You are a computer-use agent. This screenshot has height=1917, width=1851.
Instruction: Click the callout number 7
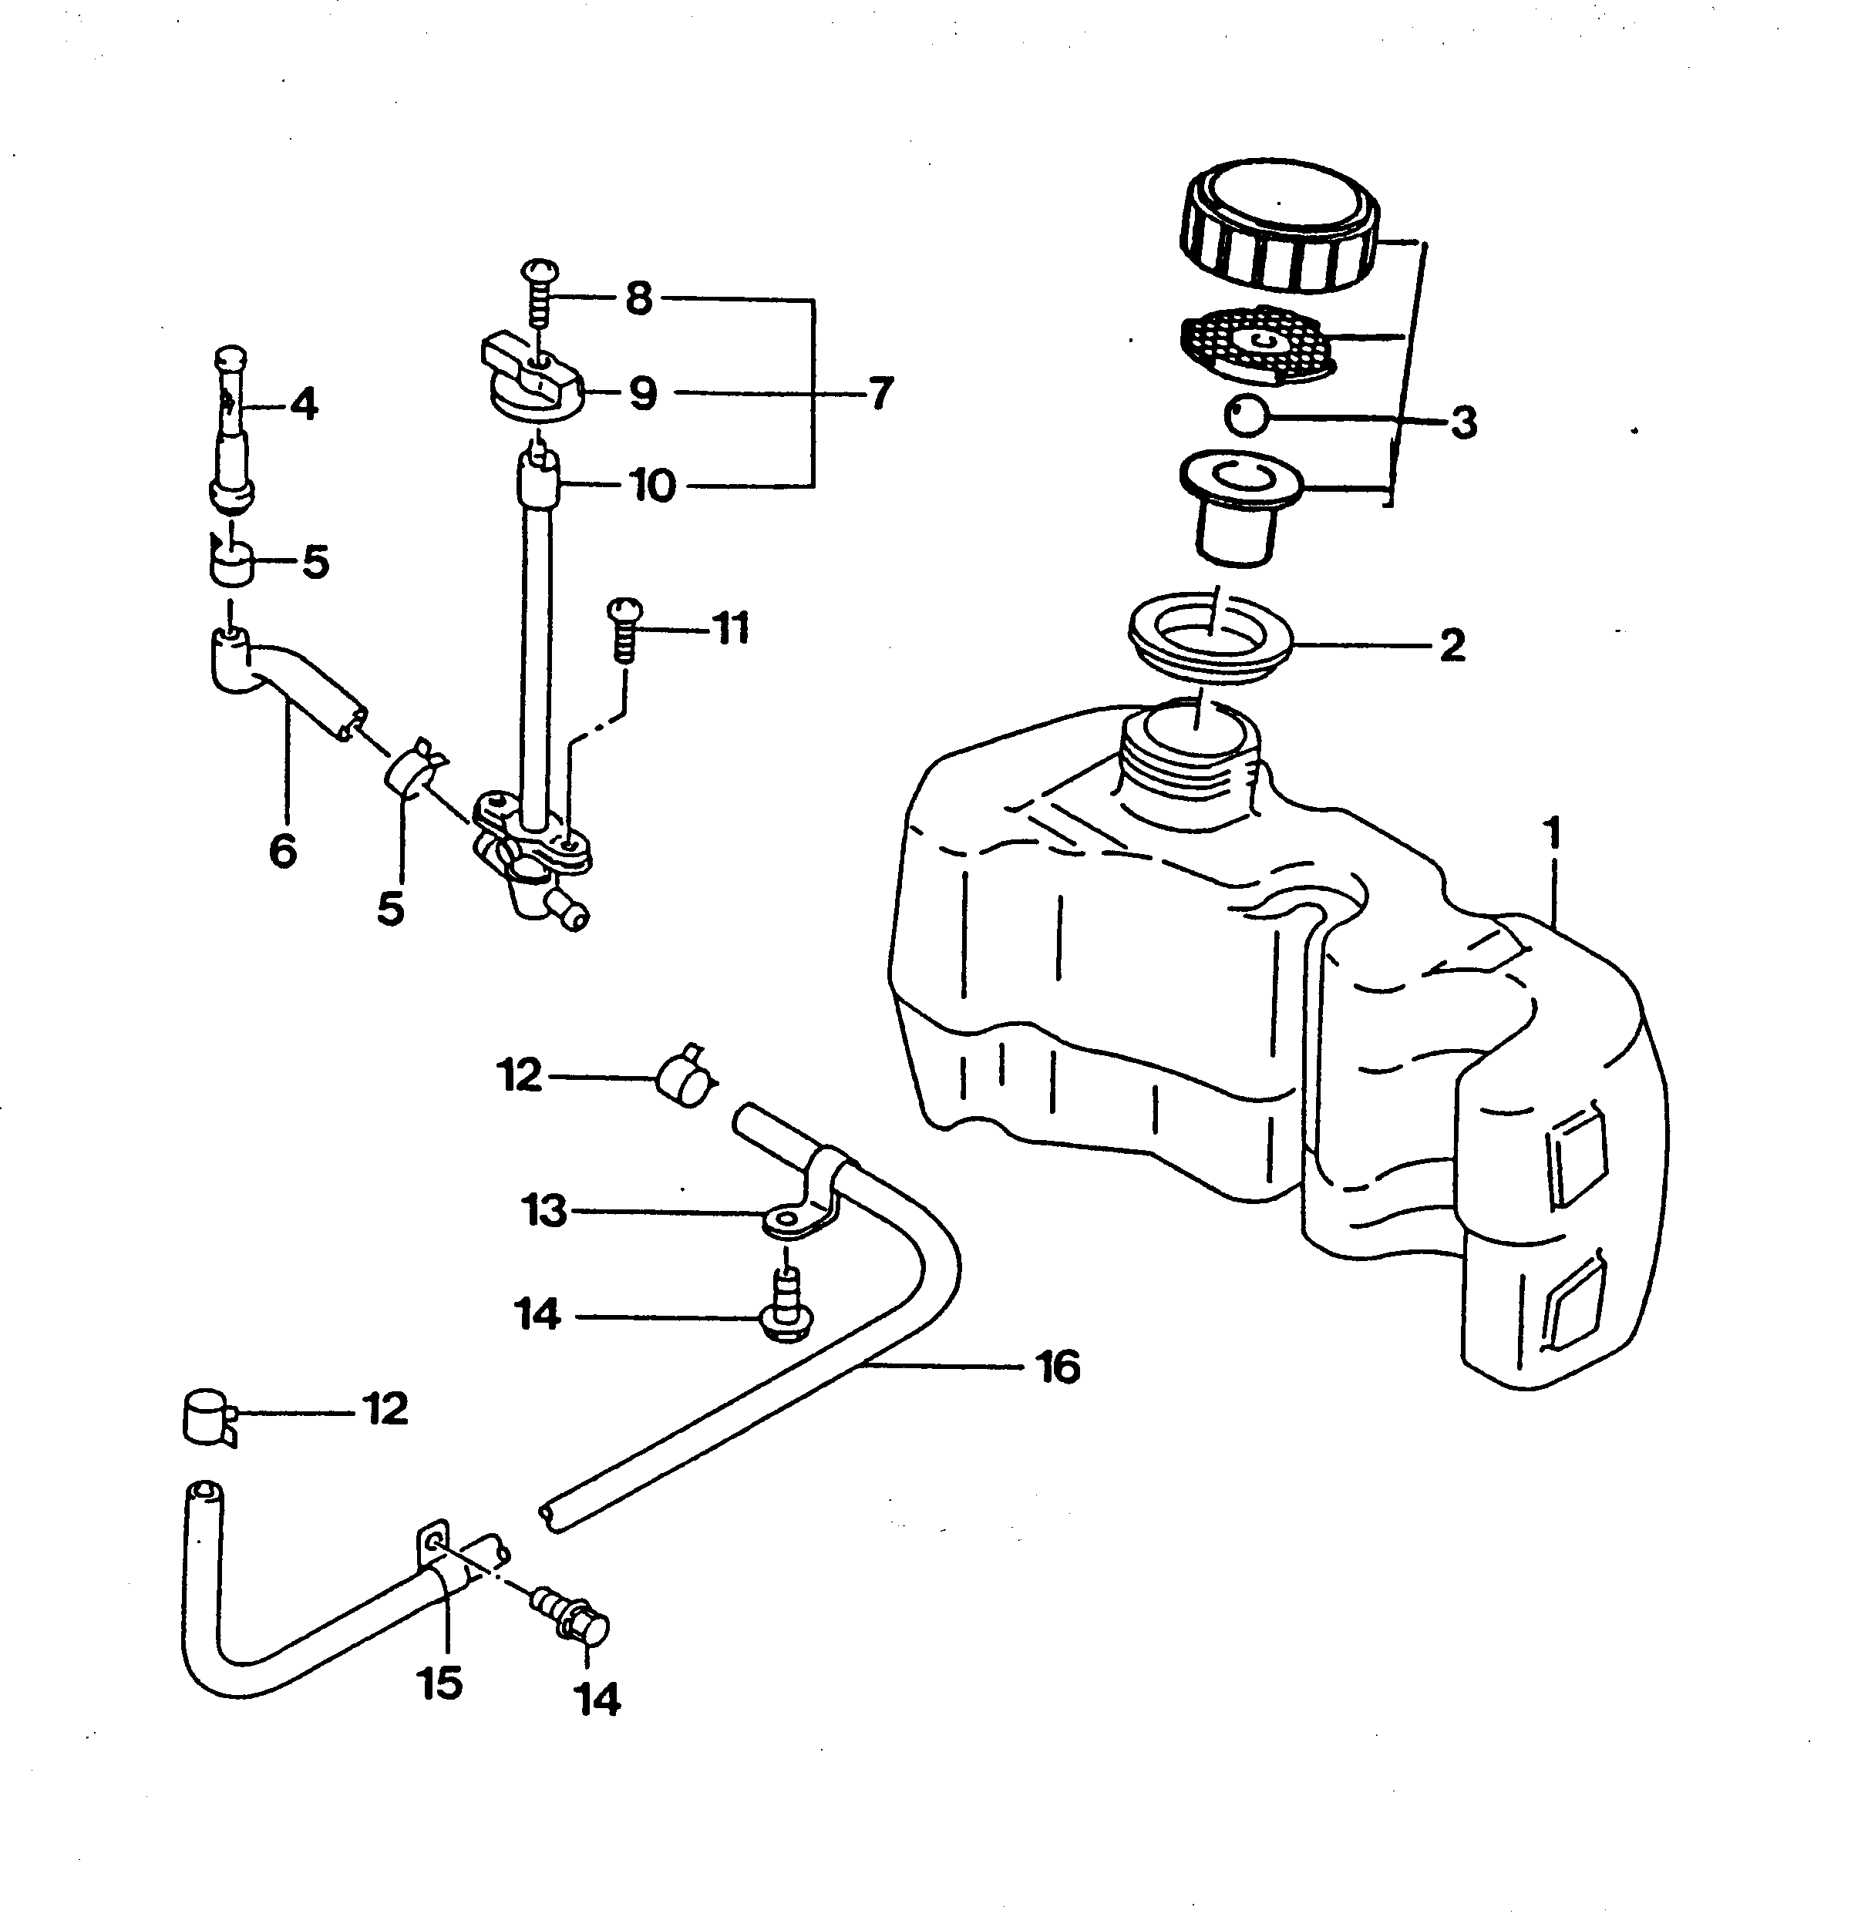pyautogui.click(x=880, y=393)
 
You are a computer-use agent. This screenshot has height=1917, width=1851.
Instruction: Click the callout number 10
pyautogui.click(x=652, y=485)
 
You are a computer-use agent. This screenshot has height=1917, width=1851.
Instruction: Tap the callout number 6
pyautogui.click(x=283, y=851)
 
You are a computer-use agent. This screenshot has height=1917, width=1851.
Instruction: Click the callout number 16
pyautogui.click(x=1058, y=1367)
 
